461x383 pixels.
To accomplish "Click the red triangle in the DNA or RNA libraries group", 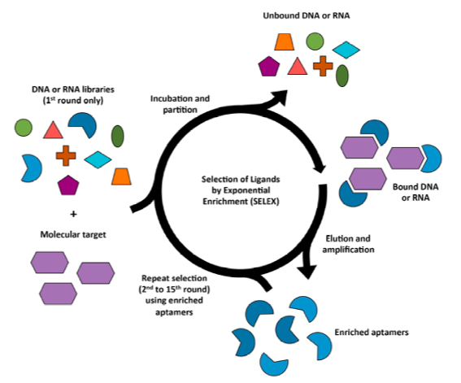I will pos(53,129).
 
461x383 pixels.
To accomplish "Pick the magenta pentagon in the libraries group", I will pos(69,185).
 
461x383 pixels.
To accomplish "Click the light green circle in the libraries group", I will pos(24,127).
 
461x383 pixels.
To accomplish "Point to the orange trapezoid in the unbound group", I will pos(284,41).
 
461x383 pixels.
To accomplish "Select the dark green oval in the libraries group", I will pos(118,136).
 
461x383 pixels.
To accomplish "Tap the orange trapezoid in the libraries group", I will pos(122,175).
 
